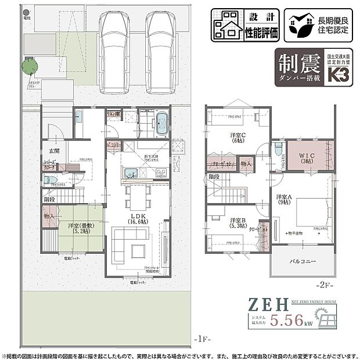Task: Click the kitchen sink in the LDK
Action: pos(131,172)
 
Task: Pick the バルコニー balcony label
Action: pos(303,262)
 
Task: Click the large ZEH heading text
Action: pos(268,304)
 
